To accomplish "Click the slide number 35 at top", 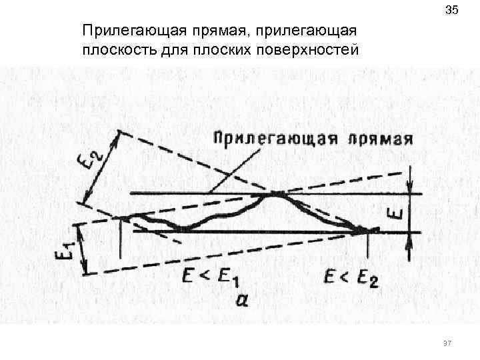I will tap(451, 11).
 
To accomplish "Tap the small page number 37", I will tap(447, 343).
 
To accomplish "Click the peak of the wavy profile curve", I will tap(275, 194).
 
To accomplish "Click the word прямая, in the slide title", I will tap(207, 31).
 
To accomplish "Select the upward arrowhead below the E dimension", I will tap(411, 237).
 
